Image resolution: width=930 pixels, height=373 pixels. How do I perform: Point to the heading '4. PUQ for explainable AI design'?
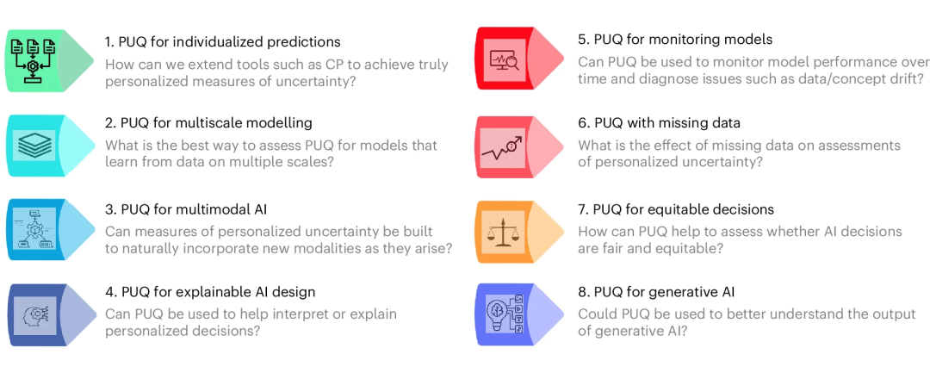click(x=210, y=292)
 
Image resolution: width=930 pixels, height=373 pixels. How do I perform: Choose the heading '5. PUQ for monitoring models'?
click(x=675, y=39)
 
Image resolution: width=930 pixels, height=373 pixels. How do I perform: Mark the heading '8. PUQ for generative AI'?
click(x=656, y=292)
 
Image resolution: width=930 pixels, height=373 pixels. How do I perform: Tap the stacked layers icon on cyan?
click(x=34, y=145)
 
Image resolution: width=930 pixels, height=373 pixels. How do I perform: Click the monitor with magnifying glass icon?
click(x=504, y=59)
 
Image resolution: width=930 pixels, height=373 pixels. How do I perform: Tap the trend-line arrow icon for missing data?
click(x=504, y=146)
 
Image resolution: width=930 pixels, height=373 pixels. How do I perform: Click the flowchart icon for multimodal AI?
click(x=34, y=229)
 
